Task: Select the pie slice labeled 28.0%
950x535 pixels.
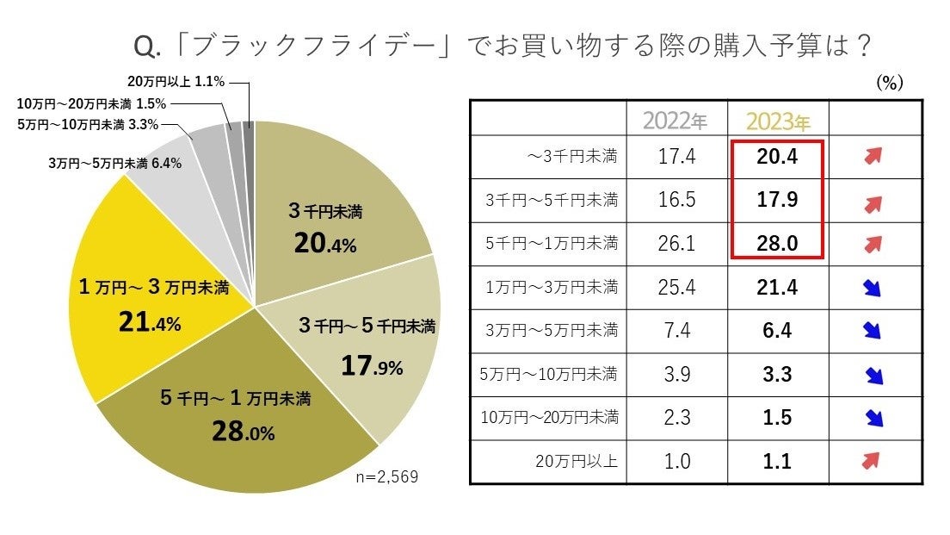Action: tap(241, 418)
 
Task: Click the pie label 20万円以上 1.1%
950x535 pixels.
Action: tap(176, 82)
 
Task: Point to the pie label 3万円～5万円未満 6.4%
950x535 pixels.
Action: tap(114, 162)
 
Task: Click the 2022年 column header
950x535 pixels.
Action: tap(677, 121)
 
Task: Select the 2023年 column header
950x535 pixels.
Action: tap(778, 121)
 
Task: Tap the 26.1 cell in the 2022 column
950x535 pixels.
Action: tap(677, 244)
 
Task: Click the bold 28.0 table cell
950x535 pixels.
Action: tap(778, 244)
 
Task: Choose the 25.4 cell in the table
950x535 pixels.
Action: tap(677, 287)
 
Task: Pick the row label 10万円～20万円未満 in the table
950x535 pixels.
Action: tap(549, 418)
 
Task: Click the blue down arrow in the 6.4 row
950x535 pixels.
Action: tap(874, 331)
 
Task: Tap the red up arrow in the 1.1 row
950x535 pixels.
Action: tap(874, 462)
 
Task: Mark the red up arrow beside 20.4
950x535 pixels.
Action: tap(874, 156)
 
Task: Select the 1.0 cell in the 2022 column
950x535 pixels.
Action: tap(677, 462)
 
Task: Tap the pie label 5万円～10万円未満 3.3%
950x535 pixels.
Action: tap(89, 124)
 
